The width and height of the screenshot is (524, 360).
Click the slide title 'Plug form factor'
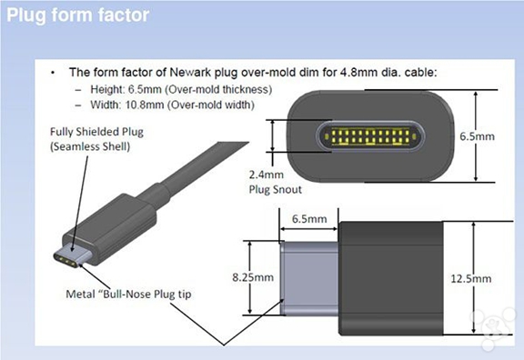(78, 15)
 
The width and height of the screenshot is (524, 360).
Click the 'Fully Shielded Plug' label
(97, 132)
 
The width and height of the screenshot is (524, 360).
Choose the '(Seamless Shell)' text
(90, 146)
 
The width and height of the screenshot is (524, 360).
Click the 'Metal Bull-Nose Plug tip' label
(128, 295)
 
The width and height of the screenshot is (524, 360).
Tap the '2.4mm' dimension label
(267, 175)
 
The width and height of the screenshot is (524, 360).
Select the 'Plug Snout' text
(276, 190)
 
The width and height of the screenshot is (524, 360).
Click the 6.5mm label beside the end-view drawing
(477, 136)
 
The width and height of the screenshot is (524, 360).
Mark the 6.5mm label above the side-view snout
(309, 219)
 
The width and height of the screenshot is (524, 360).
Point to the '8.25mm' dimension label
(253, 277)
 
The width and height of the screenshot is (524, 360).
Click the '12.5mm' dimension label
(471, 278)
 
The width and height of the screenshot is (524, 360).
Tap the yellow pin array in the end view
(370, 136)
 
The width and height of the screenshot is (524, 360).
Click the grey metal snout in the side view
(309, 278)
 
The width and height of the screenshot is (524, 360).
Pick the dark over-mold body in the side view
(391, 278)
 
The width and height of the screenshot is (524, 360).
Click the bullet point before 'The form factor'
(53, 73)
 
